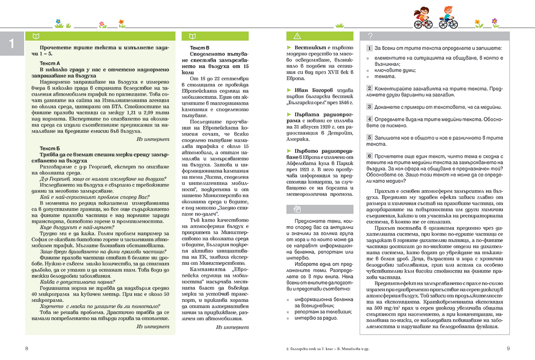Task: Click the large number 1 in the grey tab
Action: [x=12, y=44]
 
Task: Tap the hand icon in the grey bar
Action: [x=298, y=208]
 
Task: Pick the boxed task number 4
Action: [x=369, y=119]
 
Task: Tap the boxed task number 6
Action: [x=369, y=156]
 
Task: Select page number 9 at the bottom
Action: [x=508, y=348]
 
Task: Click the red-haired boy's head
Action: [x=447, y=10]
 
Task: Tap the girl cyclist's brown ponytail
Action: [x=416, y=11]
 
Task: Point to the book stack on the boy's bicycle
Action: [x=442, y=19]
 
